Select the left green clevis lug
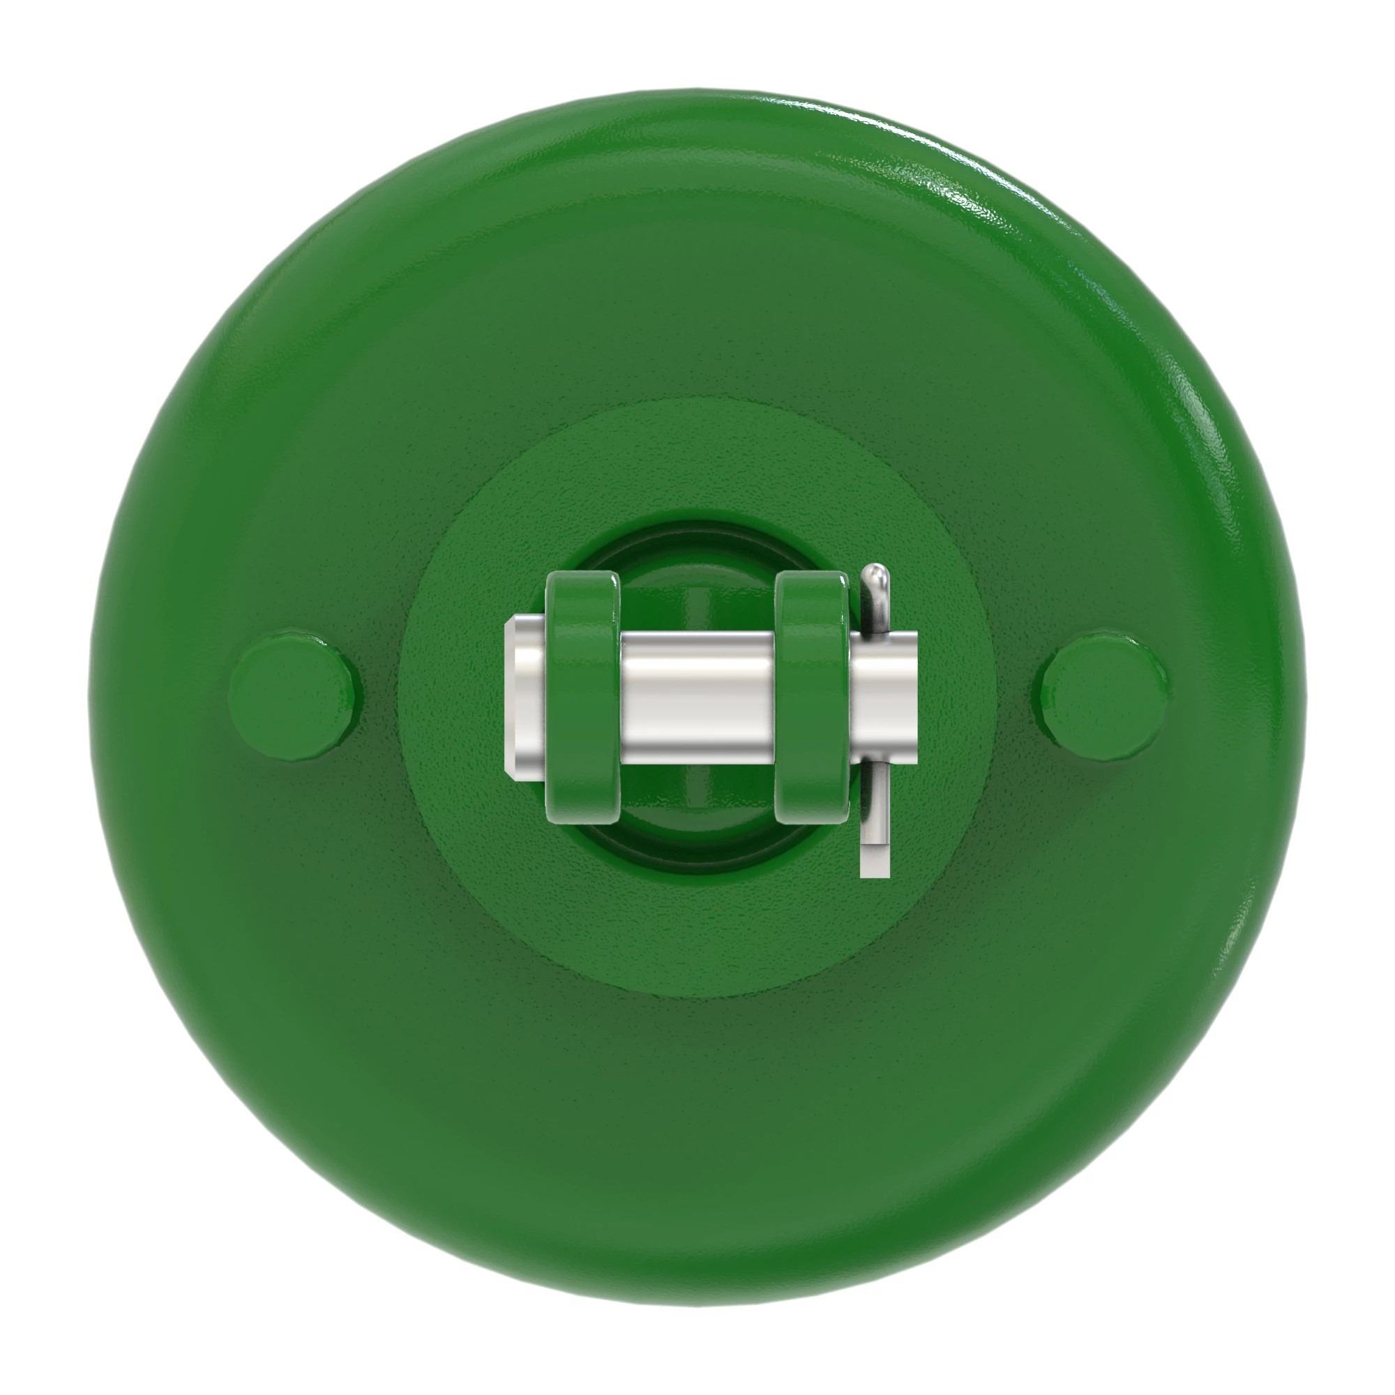pos(582,697)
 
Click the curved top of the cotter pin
pos(877,578)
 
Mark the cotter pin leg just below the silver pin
pos(875,794)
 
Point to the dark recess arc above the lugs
pos(695,536)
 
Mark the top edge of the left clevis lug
pos(582,575)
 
